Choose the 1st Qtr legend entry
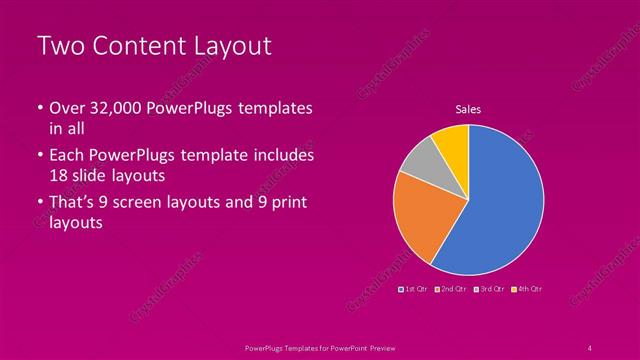point(416,288)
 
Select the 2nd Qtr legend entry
point(453,288)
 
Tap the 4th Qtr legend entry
point(528,288)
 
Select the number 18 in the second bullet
point(59,175)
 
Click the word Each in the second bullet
point(68,156)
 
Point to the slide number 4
point(590,347)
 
